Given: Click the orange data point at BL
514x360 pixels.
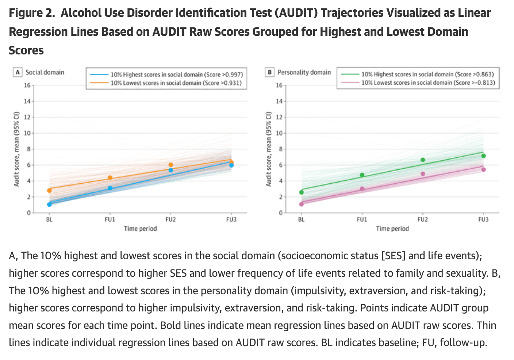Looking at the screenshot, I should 49,190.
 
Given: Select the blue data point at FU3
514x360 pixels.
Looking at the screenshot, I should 231,165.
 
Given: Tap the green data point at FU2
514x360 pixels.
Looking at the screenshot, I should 423,160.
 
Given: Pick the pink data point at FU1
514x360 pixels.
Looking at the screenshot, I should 362,189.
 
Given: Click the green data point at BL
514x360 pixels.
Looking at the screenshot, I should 302,192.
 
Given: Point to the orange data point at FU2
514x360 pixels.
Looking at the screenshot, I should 171,165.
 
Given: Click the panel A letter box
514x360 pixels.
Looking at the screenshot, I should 18,72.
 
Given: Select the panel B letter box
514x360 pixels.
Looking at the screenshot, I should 269,72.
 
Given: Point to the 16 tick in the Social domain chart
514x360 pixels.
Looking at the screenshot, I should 27,85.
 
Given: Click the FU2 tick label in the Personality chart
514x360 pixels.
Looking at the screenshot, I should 423,219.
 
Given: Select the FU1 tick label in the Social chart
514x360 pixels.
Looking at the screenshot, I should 110,219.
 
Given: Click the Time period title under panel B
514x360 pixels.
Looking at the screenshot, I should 392,229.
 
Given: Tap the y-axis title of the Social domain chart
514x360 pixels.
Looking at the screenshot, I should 17,149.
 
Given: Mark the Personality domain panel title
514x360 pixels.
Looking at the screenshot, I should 304,72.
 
